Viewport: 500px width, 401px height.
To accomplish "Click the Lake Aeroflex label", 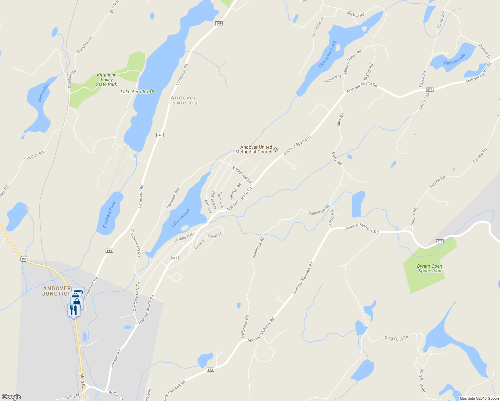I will click(135, 92).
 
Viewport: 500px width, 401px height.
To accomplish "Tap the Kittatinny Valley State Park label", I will click(107, 80).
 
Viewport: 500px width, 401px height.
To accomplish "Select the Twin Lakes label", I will click(43, 93).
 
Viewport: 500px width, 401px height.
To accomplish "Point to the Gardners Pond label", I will click(109, 214).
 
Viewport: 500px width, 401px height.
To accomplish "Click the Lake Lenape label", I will click(180, 218).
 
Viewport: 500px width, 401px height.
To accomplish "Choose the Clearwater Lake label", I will click(327, 54).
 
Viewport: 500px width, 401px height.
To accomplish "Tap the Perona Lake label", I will click(455, 59).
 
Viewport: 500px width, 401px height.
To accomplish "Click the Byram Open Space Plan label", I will click(429, 268).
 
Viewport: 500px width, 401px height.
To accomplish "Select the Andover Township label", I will click(183, 100).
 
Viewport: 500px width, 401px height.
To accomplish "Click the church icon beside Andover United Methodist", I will click(275, 149).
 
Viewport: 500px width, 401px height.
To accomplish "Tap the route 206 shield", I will click(23, 259).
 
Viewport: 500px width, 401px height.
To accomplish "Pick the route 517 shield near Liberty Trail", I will click(430, 90).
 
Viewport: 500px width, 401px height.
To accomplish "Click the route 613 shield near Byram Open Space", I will click(440, 241).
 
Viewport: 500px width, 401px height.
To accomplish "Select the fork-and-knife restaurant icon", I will click(73, 310).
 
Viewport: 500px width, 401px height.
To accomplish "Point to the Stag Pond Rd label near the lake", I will click(396, 338).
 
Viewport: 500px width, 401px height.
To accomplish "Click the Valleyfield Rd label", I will click(242, 174).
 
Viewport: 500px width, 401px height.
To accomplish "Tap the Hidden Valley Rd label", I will click(353, 62).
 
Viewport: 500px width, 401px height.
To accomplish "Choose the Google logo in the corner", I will click(11, 397).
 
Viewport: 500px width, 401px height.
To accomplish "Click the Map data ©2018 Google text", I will click(479, 398).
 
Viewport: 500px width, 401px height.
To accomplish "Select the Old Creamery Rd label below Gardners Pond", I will click(135, 243).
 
